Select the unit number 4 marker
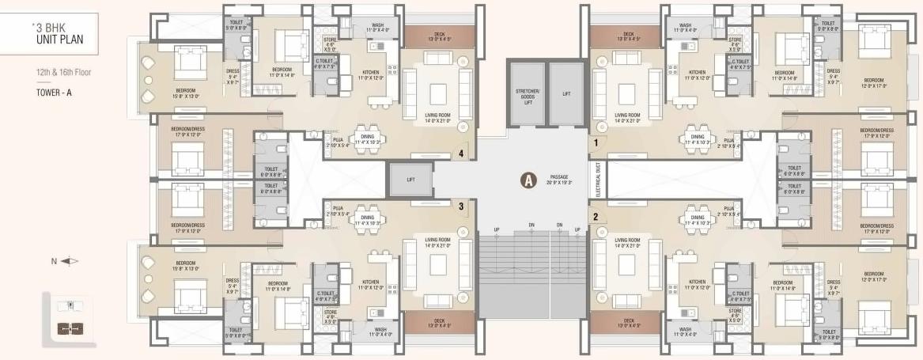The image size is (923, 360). click(461, 154)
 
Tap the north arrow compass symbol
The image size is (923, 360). click(69, 260)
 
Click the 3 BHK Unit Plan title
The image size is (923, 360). click(59, 32)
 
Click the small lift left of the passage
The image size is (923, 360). click(410, 180)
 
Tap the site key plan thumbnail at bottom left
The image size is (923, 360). click(70, 319)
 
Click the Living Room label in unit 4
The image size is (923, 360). click(437, 117)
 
